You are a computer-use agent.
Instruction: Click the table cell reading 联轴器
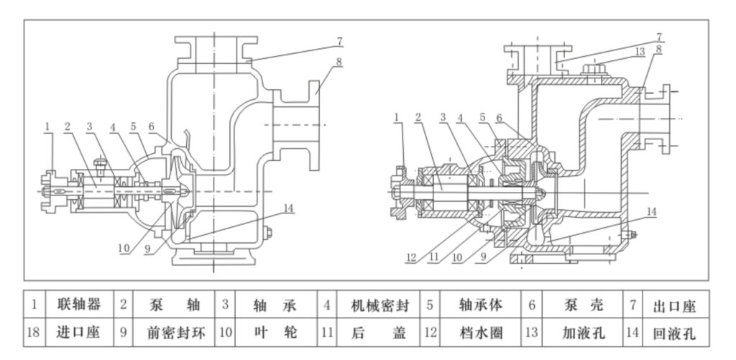click(x=79, y=305)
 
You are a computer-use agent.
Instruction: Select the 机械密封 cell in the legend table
click(x=379, y=305)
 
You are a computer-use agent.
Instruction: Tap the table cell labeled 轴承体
click(x=480, y=305)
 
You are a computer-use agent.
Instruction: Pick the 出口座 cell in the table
click(x=674, y=305)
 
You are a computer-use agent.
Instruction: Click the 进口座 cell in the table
click(x=79, y=333)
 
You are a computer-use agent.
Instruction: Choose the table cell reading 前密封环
click(x=173, y=333)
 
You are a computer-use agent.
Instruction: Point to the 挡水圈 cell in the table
click(x=480, y=333)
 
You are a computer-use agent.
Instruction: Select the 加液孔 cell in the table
click(x=582, y=333)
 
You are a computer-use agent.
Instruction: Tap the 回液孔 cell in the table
click(x=674, y=333)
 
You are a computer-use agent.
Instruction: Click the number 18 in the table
click(x=34, y=333)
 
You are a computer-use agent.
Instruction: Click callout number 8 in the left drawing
click(x=339, y=62)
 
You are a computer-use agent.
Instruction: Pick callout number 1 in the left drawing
click(x=47, y=126)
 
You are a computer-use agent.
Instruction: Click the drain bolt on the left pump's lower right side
click(x=269, y=232)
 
